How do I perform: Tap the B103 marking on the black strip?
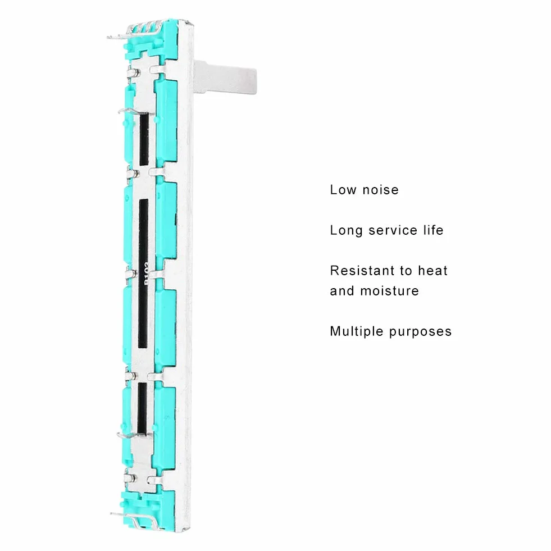(146, 272)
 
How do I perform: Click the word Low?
(343, 190)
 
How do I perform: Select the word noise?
(381, 190)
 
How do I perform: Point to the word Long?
(346, 230)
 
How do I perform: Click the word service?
(393, 230)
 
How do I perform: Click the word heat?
(433, 271)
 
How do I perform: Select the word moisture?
(390, 291)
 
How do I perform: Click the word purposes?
(420, 332)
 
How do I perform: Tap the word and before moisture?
(342, 291)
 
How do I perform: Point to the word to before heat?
(406, 271)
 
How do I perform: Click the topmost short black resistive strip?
(144, 139)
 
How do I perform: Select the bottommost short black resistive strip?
(142, 408)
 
